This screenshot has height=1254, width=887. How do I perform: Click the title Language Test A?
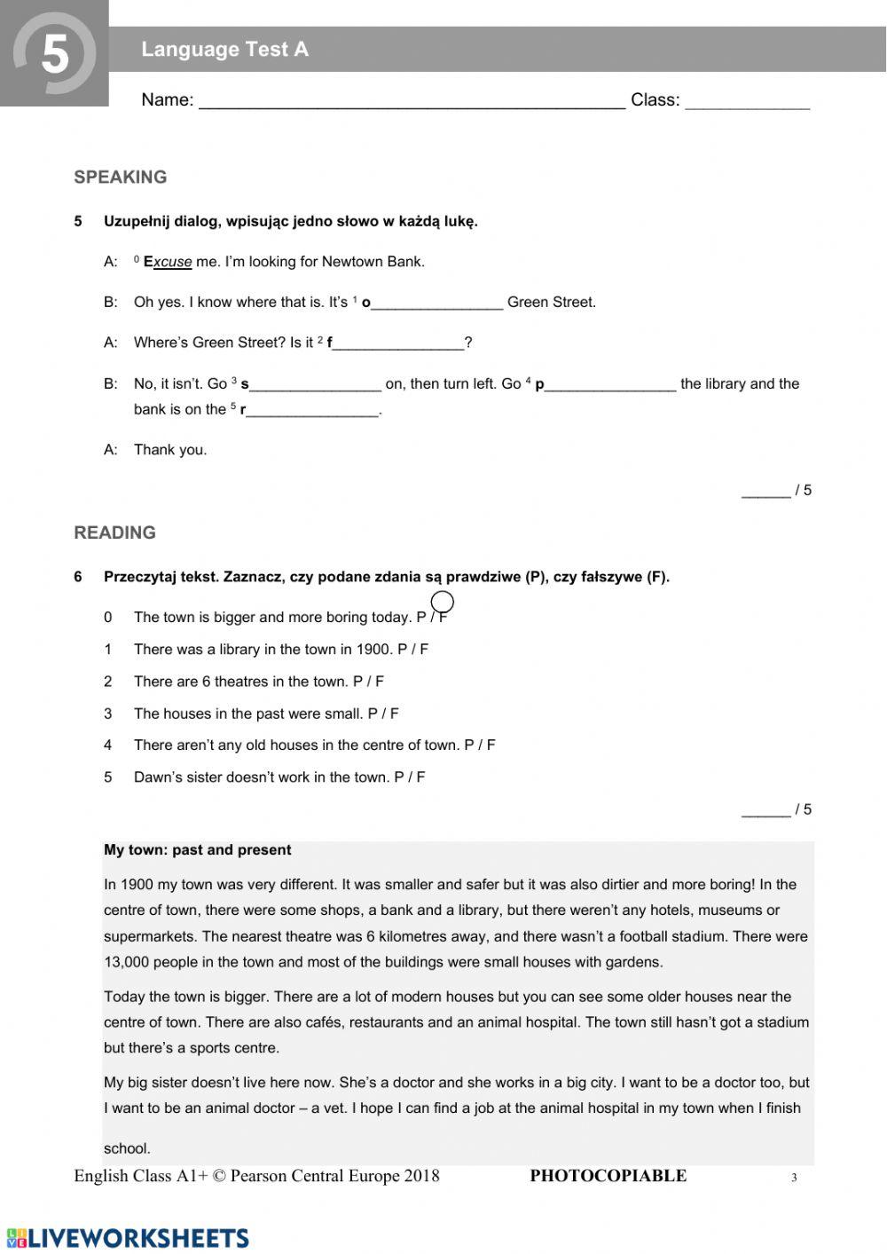(x=224, y=50)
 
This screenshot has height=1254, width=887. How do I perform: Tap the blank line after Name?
(x=412, y=101)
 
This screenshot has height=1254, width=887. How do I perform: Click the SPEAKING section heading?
(x=121, y=177)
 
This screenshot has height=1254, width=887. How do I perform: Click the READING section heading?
(x=114, y=532)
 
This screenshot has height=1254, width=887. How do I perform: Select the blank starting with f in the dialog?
(x=398, y=343)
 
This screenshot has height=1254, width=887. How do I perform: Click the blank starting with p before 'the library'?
(x=609, y=385)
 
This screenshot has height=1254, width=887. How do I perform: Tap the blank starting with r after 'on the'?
(x=312, y=411)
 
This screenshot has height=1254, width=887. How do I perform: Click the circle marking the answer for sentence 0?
(x=443, y=603)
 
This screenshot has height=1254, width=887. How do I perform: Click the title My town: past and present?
(x=197, y=850)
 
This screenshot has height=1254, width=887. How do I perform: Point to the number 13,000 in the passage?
(x=130, y=962)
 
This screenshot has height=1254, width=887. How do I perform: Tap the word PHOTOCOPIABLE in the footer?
(x=608, y=1176)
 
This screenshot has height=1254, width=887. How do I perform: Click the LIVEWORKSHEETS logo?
(x=128, y=1238)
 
